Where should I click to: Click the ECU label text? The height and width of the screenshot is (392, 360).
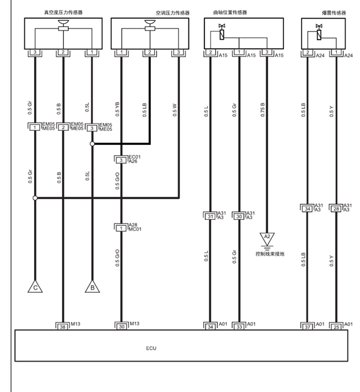(151, 348)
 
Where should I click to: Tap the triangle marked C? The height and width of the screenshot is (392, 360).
(35, 287)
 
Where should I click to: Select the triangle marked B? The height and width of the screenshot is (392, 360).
(92, 287)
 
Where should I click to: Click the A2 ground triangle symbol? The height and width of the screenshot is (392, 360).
(267, 239)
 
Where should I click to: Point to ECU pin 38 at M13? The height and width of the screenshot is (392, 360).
(63, 327)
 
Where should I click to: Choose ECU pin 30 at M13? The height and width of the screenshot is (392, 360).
(122, 326)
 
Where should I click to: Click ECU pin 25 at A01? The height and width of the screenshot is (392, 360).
(336, 327)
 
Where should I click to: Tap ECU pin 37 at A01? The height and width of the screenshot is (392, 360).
(308, 327)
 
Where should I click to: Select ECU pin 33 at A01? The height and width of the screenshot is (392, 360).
(240, 327)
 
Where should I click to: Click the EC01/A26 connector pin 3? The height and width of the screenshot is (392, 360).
(121, 160)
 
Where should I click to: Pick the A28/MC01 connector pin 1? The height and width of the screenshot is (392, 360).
(121, 228)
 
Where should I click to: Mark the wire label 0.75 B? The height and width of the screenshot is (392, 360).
(263, 110)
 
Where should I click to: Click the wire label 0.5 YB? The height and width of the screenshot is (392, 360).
(117, 109)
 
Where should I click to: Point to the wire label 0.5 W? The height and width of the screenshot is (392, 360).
(175, 110)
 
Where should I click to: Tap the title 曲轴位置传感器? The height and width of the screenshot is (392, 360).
(230, 12)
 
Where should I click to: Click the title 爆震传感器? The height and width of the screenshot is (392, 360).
(334, 13)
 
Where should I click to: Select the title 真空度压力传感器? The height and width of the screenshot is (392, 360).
(63, 12)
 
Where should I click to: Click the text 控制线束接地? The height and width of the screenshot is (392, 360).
(270, 254)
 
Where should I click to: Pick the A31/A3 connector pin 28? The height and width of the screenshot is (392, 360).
(336, 209)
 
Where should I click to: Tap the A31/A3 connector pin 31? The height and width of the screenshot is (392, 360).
(210, 217)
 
